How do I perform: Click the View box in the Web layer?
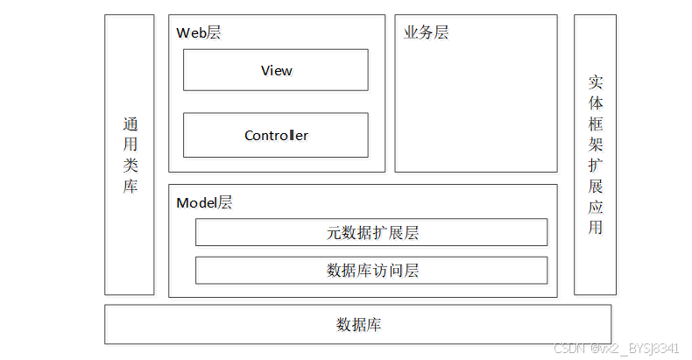click(x=276, y=70)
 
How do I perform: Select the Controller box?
click(x=276, y=136)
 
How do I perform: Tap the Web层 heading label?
click(x=199, y=32)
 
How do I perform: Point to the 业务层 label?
click(x=426, y=32)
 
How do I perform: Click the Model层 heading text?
click(x=204, y=202)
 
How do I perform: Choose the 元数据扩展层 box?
click(x=371, y=233)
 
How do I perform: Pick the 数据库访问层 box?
click(x=371, y=270)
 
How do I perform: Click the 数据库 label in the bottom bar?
click(x=358, y=325)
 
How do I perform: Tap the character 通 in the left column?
click(x=130, y=124)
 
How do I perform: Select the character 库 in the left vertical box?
click(x=130, y=186)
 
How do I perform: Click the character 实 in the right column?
click(x=596, y=81)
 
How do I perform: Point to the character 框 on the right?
click(x=596, y=124)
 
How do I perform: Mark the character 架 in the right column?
click(x=596, y=145)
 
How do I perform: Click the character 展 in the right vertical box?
click(x=596, y=187)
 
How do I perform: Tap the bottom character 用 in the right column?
click(x=596, y=229)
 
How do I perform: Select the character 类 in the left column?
click(x=130, y=166)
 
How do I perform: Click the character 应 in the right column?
click(x=596, y=208)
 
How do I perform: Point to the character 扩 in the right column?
click(x=596, y=166)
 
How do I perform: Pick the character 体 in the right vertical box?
click(x=596, y=102)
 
